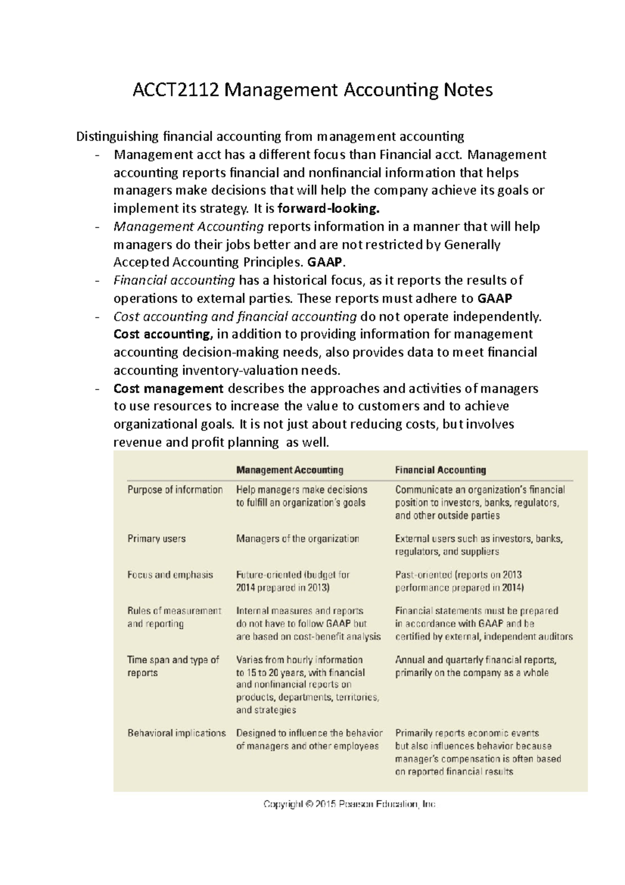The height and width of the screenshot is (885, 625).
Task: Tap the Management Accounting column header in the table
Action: pyautogui.click(x=290, y=470)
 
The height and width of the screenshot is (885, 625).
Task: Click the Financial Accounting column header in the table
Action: pyautogui.click(x=440, y=470)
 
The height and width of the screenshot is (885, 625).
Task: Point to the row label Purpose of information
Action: pyautogui.click(x=175, y=490)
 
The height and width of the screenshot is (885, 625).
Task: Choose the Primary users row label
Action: pyautogui.click(x=156, y=539)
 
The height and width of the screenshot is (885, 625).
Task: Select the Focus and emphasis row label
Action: pyautogui.click(x=170, y=575)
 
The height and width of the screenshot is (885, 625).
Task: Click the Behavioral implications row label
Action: pyautogui.click(x=177, y=733)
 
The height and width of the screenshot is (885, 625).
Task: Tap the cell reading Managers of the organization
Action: pyautogui.click(x=297, y=539)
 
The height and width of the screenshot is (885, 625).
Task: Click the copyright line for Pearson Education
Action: pyautogui.click(x=349, y=805)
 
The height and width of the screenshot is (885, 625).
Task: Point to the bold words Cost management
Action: pyautogui.click(x=168, y=389)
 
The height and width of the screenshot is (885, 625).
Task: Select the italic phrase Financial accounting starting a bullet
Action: pyautogui.click(x=174, y=280)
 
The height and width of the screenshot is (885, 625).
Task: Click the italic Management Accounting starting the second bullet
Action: pyautogui.click(x=189, y=227)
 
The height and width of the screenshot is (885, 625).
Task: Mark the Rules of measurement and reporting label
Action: pyautogui.click(x=174, y=617)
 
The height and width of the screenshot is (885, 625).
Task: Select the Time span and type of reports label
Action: pyautogui.click(x=173, y=666)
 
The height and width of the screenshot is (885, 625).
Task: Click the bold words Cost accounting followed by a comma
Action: pyautogui.click(x=162, y=334)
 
